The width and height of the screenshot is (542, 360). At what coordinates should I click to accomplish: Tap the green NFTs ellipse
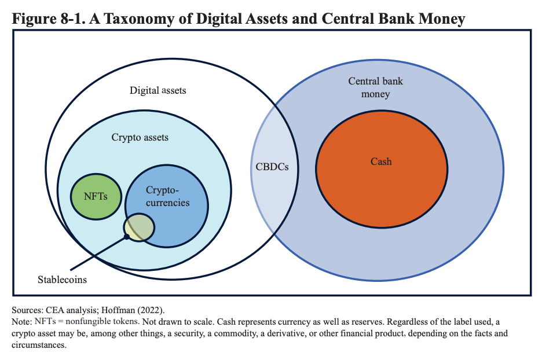(96, 197)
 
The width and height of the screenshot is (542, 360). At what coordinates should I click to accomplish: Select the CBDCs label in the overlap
(272, 167)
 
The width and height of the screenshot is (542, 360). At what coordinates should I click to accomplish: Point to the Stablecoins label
(62, 280)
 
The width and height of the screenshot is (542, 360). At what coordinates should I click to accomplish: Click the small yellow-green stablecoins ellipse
(139, 227)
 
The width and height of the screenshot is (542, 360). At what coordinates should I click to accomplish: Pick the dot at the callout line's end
(127, 237)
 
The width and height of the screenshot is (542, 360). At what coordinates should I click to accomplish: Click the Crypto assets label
(140, 138)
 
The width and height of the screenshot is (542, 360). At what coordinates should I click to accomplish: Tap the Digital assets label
(158, 90)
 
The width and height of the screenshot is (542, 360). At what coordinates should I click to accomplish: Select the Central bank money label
(375, 87)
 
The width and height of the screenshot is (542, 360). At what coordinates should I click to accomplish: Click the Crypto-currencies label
(168, 196)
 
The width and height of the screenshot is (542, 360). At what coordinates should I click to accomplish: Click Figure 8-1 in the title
(49, 19)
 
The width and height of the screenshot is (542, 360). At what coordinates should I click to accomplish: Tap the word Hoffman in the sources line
(117, 310)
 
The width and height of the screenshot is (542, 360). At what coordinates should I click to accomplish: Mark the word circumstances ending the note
(39, 345)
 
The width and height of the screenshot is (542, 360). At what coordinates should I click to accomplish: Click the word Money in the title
(442, 19)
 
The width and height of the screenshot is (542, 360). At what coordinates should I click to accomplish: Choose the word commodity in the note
(233, 333)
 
